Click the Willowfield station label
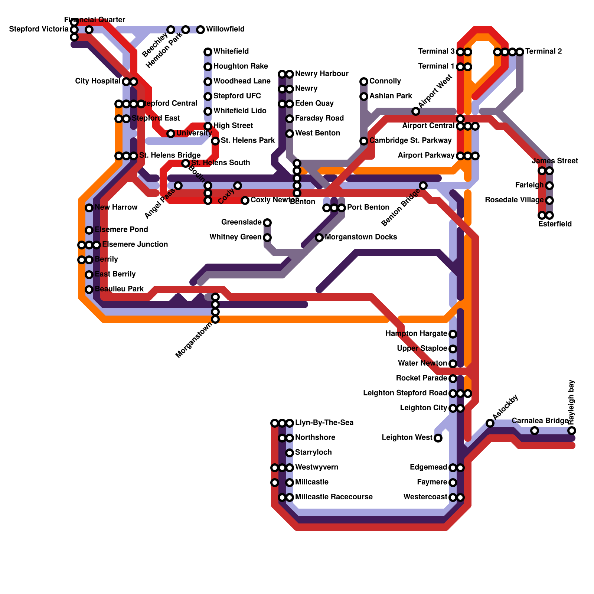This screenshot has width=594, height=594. point(225,29)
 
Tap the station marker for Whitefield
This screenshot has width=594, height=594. point(208,52)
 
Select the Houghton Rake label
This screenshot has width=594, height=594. point(241,66)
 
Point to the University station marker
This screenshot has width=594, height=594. point(171,134)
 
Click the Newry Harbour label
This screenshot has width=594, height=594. point(322,74)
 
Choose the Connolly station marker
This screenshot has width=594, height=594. point(364,82)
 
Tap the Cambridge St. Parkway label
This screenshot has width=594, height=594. point(410,141)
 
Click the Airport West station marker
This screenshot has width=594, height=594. point(416,111)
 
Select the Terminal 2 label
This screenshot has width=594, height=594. point(544,52)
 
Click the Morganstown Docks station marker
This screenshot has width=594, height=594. point(319,238)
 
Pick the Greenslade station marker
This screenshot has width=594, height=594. point(267,223)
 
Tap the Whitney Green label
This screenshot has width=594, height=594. point(235,237)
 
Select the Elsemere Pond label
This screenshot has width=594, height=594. point(121,230)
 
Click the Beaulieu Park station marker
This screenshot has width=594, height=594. point(89,290)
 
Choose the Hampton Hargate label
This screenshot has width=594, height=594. point(416,334)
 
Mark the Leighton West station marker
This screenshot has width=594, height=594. point(438,438)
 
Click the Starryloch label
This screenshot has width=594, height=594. point(313,453)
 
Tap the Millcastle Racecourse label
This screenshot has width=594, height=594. point(334,497)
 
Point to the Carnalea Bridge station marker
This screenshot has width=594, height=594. point(535,431)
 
